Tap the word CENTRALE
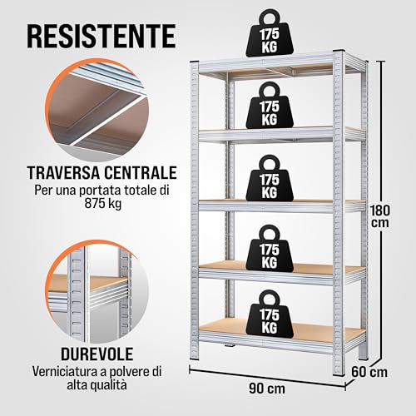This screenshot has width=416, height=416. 141,174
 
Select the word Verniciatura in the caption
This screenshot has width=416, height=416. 70,371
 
